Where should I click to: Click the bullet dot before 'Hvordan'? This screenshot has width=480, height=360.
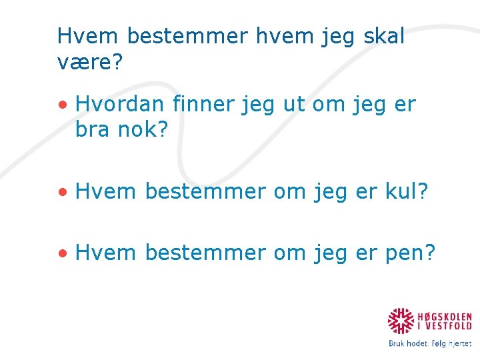(x=62, y=105)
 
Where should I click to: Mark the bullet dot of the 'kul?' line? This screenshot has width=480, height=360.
(x=62, y=192)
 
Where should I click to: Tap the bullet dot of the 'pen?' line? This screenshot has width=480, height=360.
(x=62, y=253)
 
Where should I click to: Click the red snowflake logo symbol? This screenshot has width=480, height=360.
(x=401, y=321)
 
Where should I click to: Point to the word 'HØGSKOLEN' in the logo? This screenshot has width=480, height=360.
(x=445, y=316)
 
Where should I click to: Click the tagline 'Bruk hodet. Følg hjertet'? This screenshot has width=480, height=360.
(x=430, y=344)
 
